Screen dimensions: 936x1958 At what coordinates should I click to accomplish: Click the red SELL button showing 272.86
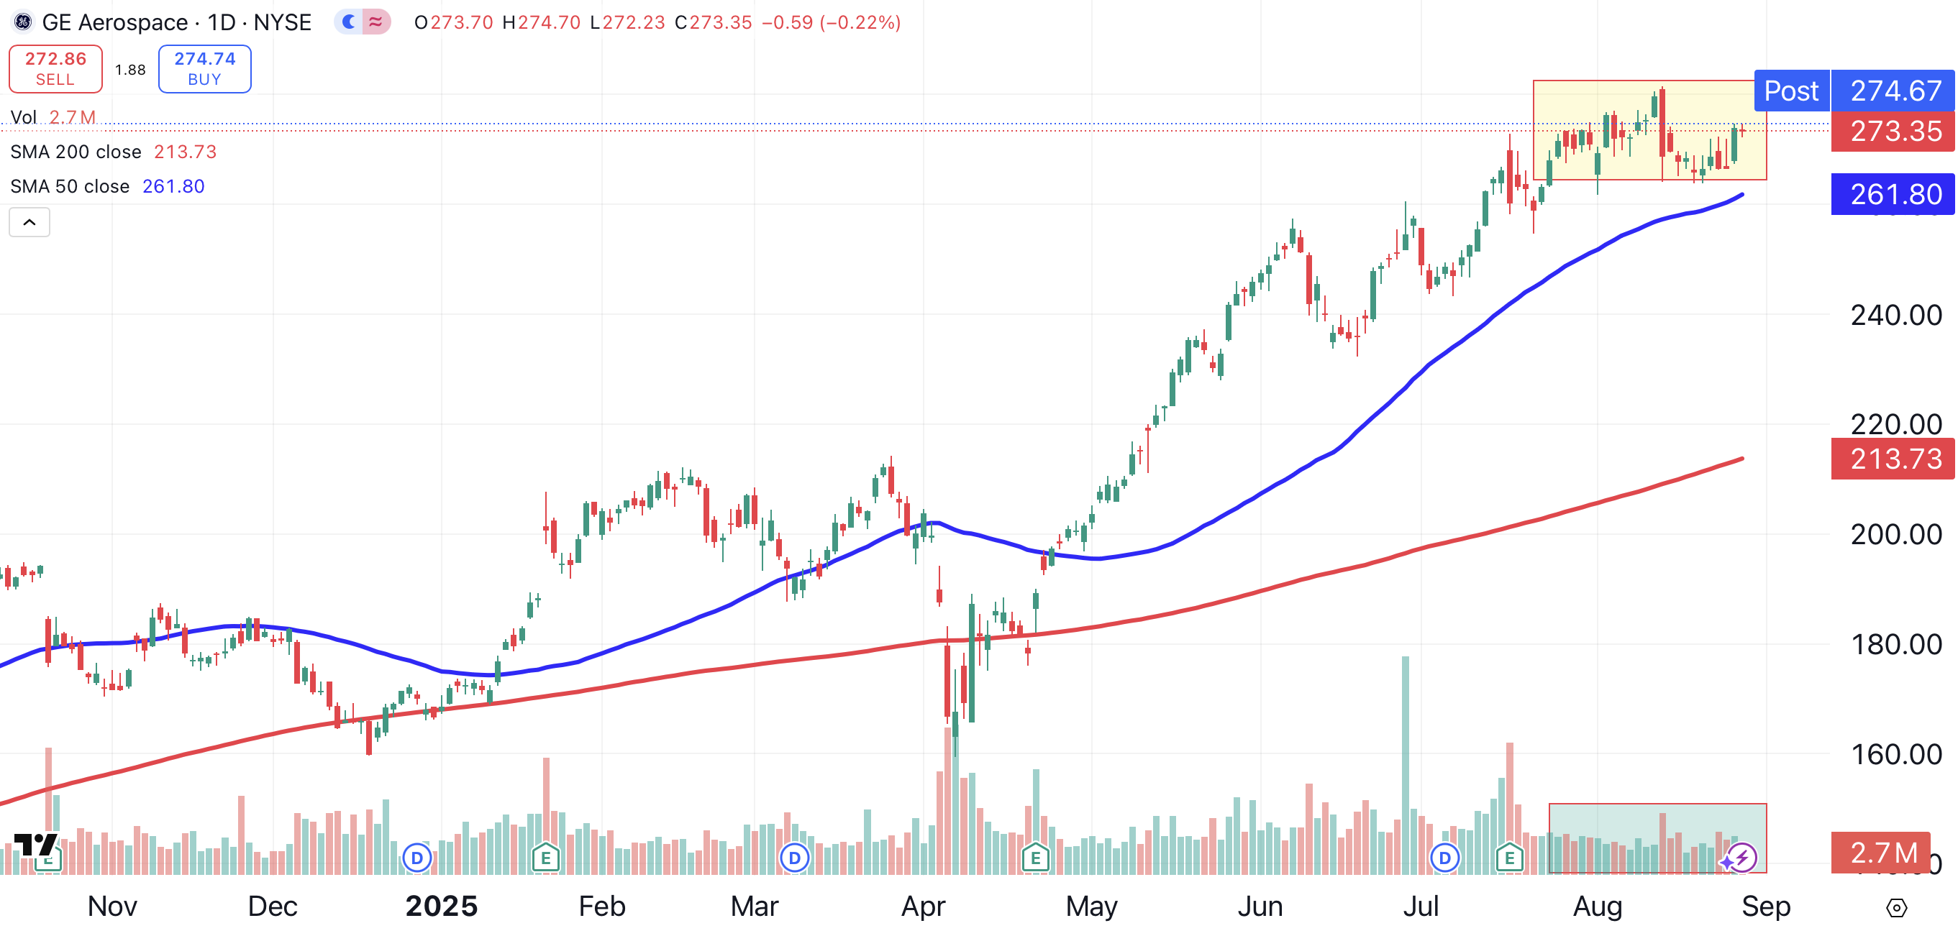[x=55, y=68]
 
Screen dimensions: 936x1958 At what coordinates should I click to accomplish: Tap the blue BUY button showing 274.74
[x=204, y=68]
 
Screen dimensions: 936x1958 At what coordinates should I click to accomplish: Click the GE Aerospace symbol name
[x=115, y=22]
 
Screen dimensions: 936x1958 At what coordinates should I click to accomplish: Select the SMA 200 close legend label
[x=76, y=152]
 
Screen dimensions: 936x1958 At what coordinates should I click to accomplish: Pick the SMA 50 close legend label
[x=70, y=186]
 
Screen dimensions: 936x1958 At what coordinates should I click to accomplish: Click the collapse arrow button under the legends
[x=29, y=223]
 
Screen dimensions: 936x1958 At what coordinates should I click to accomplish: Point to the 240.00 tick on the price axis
[x=1895, y=315]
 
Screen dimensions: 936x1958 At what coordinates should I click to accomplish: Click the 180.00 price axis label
[x=1895, y=644]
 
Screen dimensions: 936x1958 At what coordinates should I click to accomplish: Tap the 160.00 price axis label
[x=1895, y=754]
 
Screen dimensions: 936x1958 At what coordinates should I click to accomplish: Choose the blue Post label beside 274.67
[x=1791, y=91]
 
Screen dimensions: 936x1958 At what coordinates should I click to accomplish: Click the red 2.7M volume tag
[x=1882, y=853]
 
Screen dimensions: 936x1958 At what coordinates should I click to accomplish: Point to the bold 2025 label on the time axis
[x=441, y=907]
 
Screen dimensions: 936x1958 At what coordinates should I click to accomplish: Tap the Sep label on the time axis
[x=1766, y=907]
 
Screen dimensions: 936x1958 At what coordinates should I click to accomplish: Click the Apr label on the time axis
[x=923, y=907]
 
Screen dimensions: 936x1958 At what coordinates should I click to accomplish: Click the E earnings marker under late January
[x=546, y=858]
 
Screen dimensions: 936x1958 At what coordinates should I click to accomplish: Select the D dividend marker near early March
[x=794, y=858]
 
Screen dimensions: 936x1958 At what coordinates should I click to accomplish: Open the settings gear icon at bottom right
[x=1896, y=907]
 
